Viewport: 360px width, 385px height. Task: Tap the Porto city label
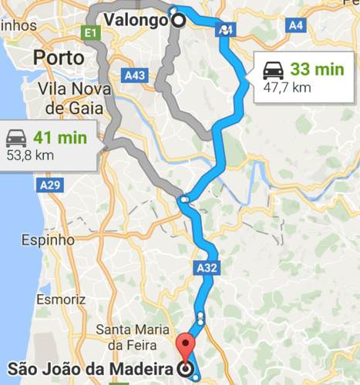(x=62, y=58)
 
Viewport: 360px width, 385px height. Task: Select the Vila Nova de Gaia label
(x=75, y=99)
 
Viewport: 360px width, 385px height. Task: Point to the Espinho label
(x=49, y=239)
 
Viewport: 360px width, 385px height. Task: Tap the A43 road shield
(x=134, y=75)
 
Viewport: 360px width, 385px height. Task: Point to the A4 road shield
(x=295, y=25)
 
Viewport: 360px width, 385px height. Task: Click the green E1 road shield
(x=91, y=32)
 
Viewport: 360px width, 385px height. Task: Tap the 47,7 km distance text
(x=287, y=87)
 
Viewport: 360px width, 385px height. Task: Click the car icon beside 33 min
(x=274, y=69)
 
